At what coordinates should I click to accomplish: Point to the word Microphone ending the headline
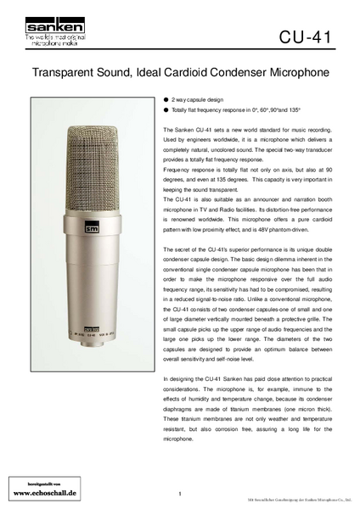[297, 74]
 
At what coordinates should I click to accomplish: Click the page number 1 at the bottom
[181, 493]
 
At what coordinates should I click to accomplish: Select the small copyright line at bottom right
[299, 501]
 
